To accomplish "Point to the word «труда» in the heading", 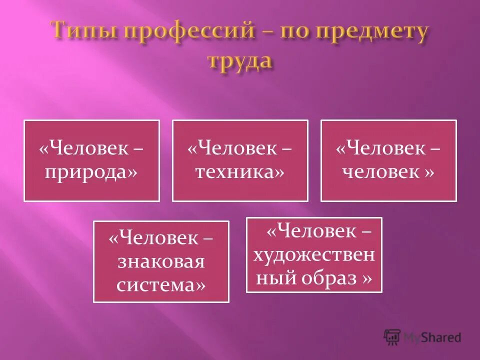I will (240, 61).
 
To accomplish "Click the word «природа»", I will (91, 172).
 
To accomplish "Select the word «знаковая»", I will (161, 261).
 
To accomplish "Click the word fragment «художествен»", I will (314, 255).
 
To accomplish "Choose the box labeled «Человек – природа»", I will (91, 160).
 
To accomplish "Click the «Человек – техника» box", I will (240, 160).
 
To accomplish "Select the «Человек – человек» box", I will (388, 160).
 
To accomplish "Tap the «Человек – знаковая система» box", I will (161, 261).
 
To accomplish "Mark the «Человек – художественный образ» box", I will (314, 254).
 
